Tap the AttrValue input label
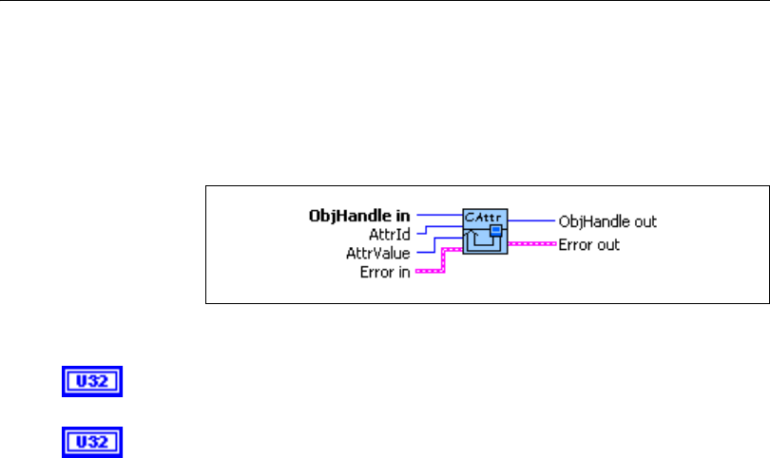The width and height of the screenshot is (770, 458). click(x=377, y=254)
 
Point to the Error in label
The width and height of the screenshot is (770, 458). click(x=384, y=274)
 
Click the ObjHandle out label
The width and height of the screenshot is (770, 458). click(x=607, y=221)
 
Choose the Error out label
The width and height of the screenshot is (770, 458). click(x=588, y=244)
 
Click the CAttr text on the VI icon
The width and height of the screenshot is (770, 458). click(x=484, y=218)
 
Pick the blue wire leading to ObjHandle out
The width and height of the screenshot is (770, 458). click(x=531, y=219)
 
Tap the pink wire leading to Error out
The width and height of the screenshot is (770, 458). click(x=531, y=243)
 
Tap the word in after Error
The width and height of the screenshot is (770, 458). click(x=405, y=274)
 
